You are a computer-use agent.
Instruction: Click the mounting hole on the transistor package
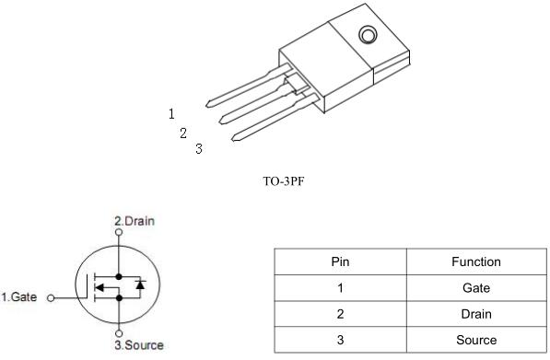coord(367,37)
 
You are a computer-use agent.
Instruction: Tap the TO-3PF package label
coord(284,180)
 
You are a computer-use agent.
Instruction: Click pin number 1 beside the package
coord(171,114)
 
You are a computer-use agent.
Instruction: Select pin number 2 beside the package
coord(183,133)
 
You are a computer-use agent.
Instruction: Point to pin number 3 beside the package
coord(198,148)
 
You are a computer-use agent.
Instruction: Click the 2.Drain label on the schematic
coord(135,222)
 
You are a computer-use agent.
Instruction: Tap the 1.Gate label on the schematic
coord(19,297)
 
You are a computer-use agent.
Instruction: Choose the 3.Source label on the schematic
coord(138,346)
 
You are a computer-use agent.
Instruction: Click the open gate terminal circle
coord(50,298)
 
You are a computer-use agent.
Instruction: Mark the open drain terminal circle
coord(118,234)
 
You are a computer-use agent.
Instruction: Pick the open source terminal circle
coord(118,333)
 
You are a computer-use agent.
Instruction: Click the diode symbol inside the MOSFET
coord(139,285)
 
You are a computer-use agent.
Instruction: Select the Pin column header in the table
coord(340,262)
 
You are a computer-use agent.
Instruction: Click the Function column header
coord(475,262)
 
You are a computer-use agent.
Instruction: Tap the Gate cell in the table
coord(475,288)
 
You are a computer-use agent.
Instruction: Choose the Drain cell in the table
coord(475,314)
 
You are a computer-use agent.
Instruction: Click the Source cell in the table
coord(475,340)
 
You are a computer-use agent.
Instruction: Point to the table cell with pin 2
coord(340,314)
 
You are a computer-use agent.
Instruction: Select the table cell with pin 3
coord(340,340)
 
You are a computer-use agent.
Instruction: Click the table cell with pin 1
coord(340,288)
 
